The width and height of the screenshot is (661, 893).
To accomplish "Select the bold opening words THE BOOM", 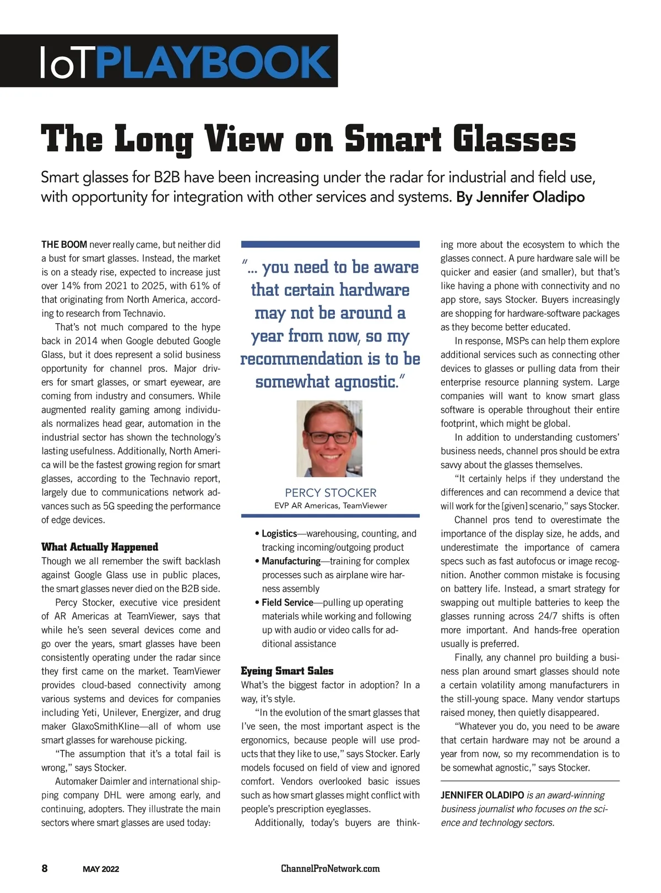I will coord(64,245).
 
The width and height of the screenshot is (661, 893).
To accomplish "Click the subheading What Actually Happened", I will coord(100,547).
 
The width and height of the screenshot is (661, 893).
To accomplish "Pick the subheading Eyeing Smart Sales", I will coord(287,671).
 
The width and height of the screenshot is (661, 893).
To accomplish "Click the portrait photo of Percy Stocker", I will coord(329,439).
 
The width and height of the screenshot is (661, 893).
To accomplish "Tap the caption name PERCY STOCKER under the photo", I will coord(330,492).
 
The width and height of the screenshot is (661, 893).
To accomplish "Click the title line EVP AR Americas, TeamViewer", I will coord(330,506).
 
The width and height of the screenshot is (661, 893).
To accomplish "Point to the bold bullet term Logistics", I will coord(279,534).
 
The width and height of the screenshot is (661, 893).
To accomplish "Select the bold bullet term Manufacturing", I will coord(291,561).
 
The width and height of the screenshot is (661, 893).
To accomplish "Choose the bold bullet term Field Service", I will coord(287,603).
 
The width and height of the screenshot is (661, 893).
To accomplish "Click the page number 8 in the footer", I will coord(45,869).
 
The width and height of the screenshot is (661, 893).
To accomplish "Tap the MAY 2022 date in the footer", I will coord(101,869).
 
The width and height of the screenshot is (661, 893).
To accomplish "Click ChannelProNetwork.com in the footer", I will coord(330,869).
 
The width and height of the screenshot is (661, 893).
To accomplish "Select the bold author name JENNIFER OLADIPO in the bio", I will coord(482,795).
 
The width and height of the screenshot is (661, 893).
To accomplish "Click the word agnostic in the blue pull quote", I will coord(360,382).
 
